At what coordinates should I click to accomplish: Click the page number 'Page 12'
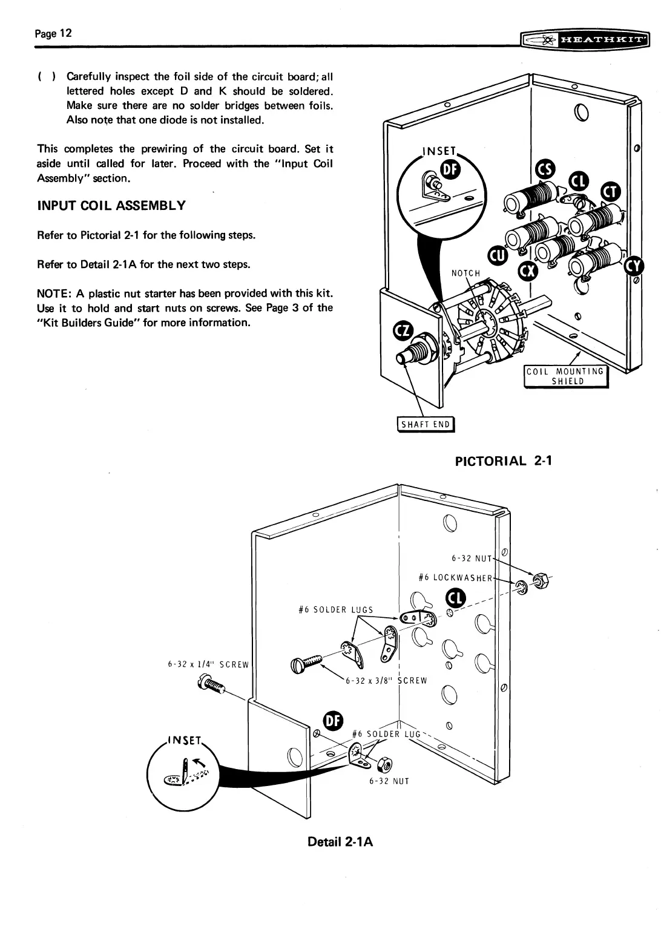(53, 33)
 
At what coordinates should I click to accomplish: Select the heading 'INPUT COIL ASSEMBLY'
(111, 205)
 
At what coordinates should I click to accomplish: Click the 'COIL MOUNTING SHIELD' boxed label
(565, 376)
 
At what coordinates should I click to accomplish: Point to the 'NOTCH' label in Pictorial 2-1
(465, 273)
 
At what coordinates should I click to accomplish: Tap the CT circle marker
(610, 192)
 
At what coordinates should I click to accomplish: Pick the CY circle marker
(635, 264)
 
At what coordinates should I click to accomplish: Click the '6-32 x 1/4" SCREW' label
(208, 664)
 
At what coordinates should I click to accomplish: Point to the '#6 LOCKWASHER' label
(456, 577)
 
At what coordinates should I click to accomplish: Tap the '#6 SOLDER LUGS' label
(336, 609)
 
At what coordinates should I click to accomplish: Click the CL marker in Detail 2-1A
(455, 598)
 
